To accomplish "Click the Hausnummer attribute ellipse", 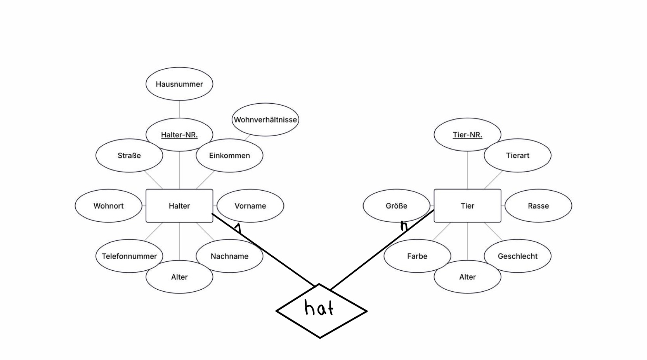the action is point(179,84).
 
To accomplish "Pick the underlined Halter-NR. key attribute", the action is point(179,135).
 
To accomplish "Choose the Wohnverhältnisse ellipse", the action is point(265,120).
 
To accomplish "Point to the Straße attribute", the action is point(129,155).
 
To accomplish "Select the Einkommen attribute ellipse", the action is point(229,155).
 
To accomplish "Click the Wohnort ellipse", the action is point(108,206).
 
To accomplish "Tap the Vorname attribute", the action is point(250,206).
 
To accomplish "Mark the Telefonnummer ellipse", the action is point(129,256).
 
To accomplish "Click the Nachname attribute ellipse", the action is point(229,256).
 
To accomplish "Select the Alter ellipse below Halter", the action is point(179,277).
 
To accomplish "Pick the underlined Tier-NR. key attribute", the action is point(467,135).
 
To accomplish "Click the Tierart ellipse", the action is point(518,155).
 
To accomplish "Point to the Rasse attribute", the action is point(538,206).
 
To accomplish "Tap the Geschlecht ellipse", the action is point(518,256).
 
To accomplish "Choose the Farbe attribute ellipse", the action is point(417,256).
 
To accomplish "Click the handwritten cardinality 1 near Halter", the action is point(238,228).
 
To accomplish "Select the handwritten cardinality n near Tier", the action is point(404,226).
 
